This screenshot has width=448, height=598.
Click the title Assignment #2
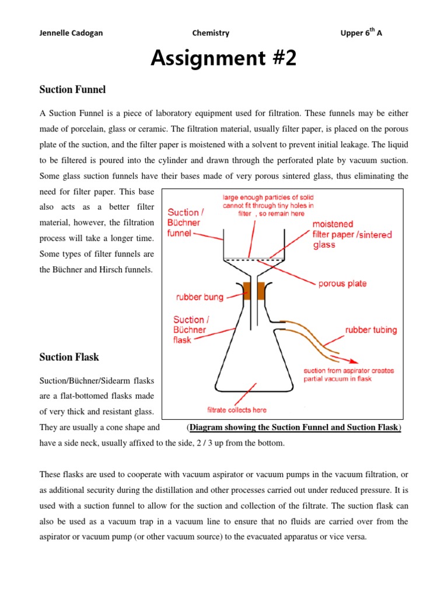click(223, 58)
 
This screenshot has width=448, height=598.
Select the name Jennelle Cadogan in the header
click(71, 33)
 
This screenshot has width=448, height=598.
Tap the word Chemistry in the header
click(211, 33)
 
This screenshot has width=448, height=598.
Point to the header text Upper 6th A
click(361, 33)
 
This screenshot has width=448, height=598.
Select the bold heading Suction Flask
click(69, 357)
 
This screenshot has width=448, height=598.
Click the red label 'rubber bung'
click(199, 297)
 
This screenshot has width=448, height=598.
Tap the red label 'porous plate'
click(342, 284)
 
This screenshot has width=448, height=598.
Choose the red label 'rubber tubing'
click(371, 330)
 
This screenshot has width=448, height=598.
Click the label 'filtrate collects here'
click(237, 410)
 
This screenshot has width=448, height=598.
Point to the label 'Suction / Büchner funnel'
click(185, 222)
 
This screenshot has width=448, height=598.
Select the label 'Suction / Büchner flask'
click(189, 329)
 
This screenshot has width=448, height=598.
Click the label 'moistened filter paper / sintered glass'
click(352, 235)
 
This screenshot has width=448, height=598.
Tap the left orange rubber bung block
click(247, 290)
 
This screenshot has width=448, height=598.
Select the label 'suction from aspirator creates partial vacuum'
click(348, 374)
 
